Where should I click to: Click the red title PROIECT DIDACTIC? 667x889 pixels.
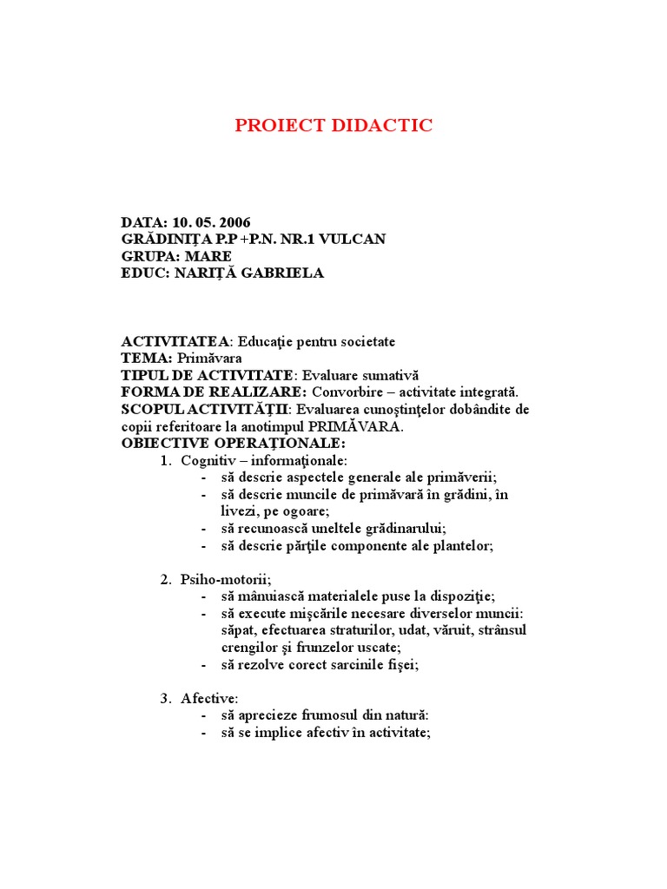point(333,126)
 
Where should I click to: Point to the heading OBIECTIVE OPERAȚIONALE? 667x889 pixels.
point(221,444)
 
